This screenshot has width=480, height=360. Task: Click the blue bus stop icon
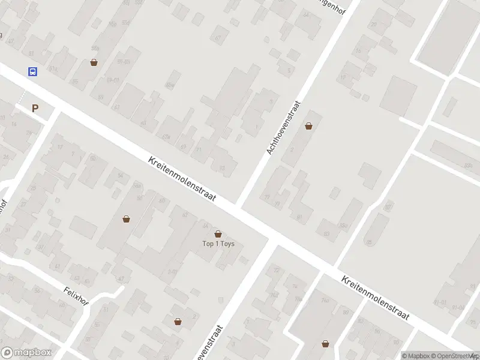(32, 71)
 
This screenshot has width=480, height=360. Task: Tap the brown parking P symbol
(35, 109)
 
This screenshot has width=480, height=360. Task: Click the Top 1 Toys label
(218, 244)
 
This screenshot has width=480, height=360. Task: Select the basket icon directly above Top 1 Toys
(218, 233)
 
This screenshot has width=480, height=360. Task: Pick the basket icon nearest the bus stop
(94, 62)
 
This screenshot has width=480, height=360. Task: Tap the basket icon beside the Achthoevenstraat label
(308, 126)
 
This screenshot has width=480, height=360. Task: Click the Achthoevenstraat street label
(283, 127)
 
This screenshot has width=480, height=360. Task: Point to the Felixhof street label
(76, 295)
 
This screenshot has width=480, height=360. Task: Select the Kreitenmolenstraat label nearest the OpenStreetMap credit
(376, 298)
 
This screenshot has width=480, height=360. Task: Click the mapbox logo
(26, 353)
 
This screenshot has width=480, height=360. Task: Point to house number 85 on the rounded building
(368, 242)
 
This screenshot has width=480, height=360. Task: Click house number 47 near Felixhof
(121, 279)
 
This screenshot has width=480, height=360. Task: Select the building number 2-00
(173, 272)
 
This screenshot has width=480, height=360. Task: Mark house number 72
(277, 269)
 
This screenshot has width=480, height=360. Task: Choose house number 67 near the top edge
(217, 37)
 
